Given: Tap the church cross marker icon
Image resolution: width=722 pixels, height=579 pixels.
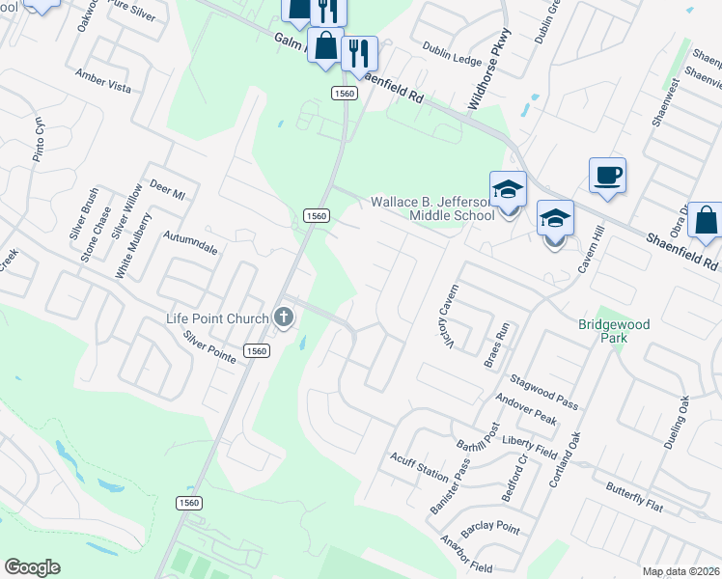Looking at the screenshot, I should click(x=284, y=316).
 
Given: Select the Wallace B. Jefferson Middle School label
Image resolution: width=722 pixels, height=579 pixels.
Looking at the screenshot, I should click(x=433, y=208).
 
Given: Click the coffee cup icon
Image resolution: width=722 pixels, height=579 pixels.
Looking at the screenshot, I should click(x=607, y=176).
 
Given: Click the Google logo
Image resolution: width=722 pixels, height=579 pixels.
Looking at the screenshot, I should click(x=32, y=567).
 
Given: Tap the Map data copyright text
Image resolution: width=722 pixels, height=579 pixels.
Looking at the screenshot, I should click(x=680, y=571).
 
